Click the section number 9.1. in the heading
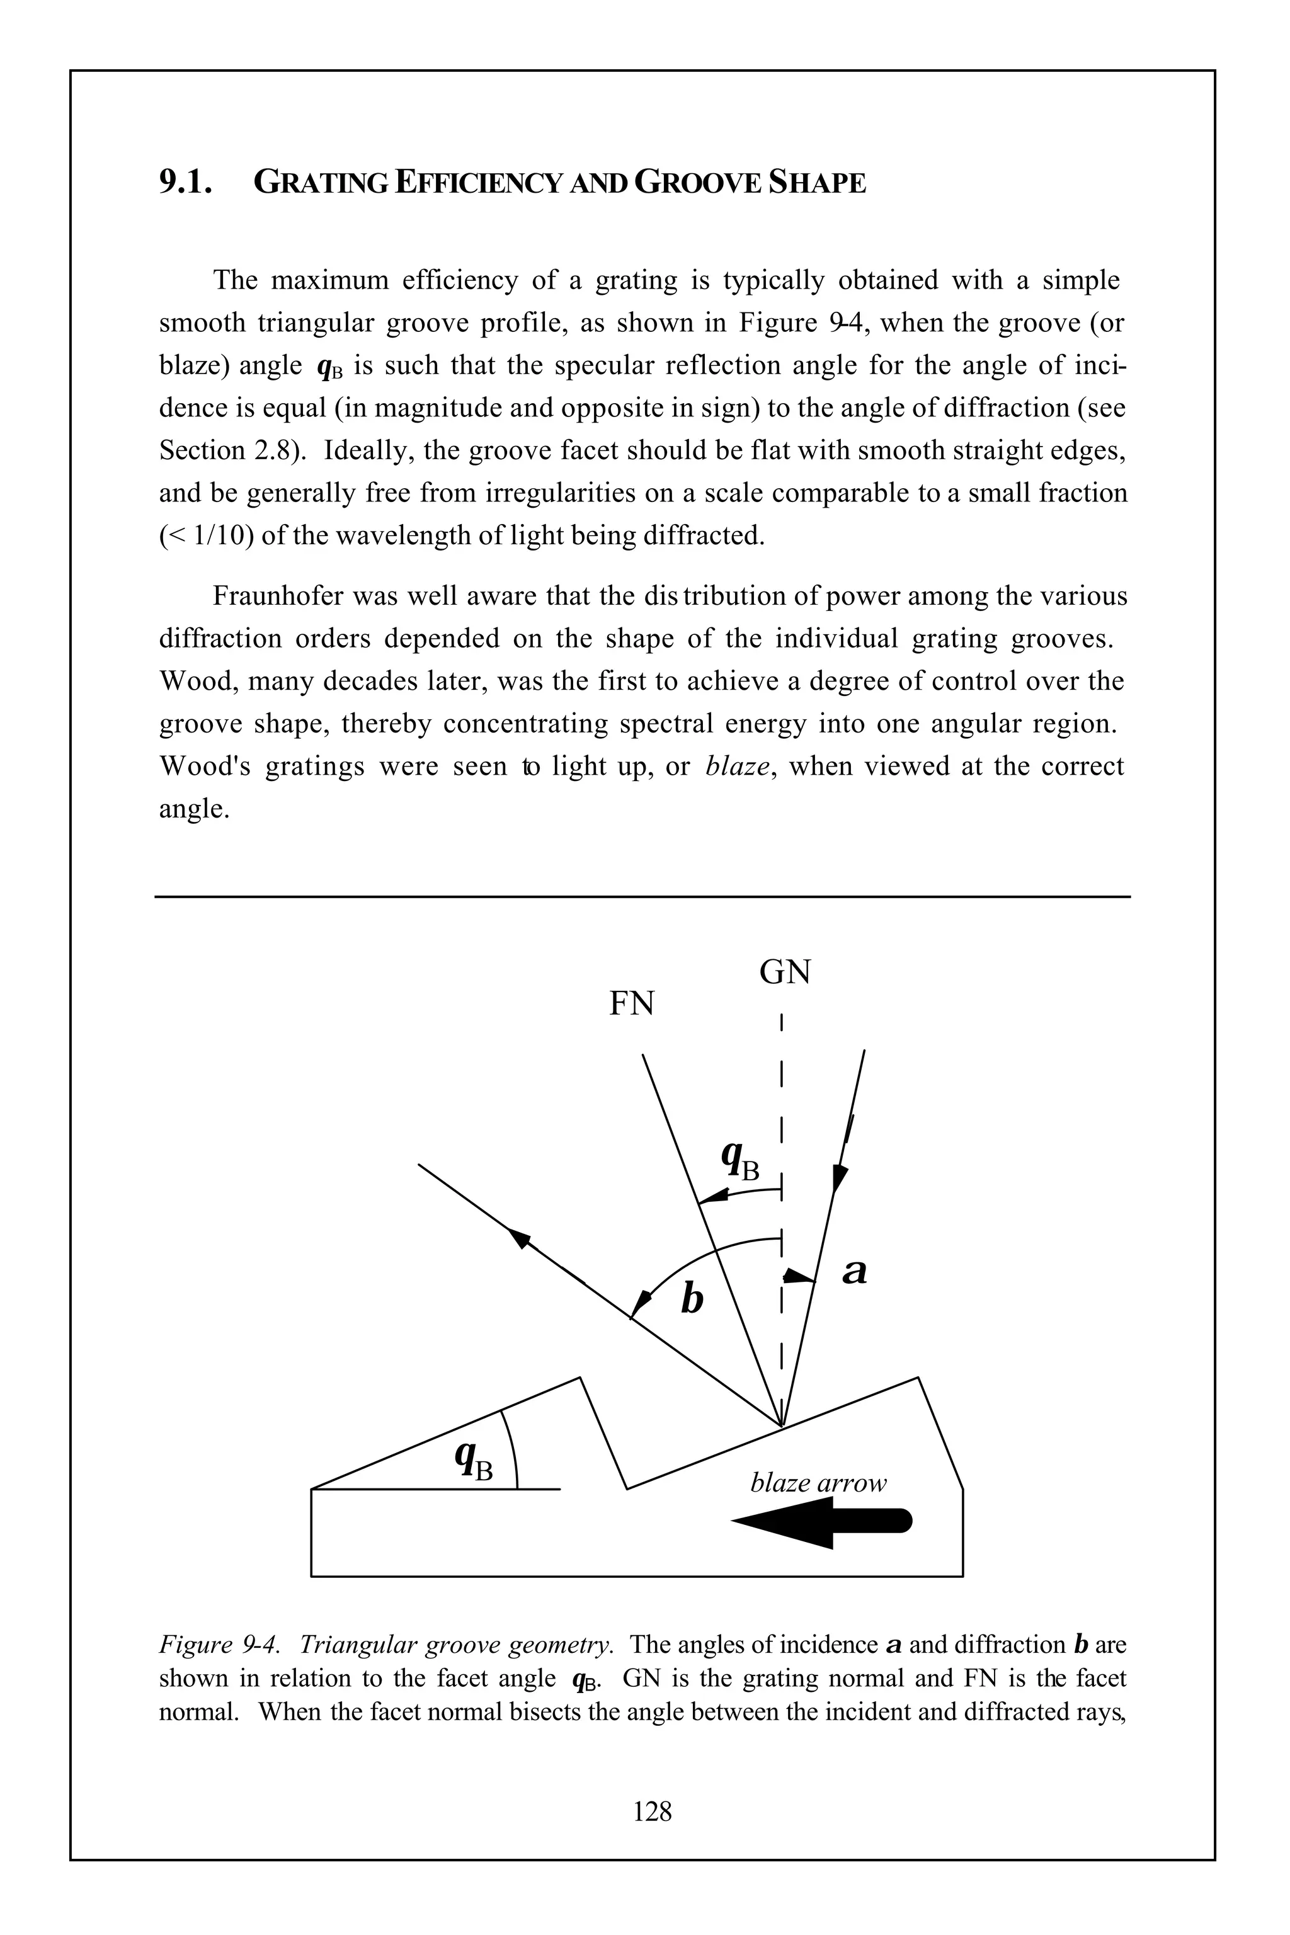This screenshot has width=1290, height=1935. tap(186, 182)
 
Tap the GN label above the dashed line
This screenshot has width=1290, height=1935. tap(785, 973)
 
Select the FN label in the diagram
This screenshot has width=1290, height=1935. tap(631, 1003)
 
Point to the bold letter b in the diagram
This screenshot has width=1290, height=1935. tap(693, 1299)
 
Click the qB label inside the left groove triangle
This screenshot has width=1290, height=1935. tap(473, 1460)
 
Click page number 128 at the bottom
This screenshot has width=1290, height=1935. tap(653, 1811)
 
